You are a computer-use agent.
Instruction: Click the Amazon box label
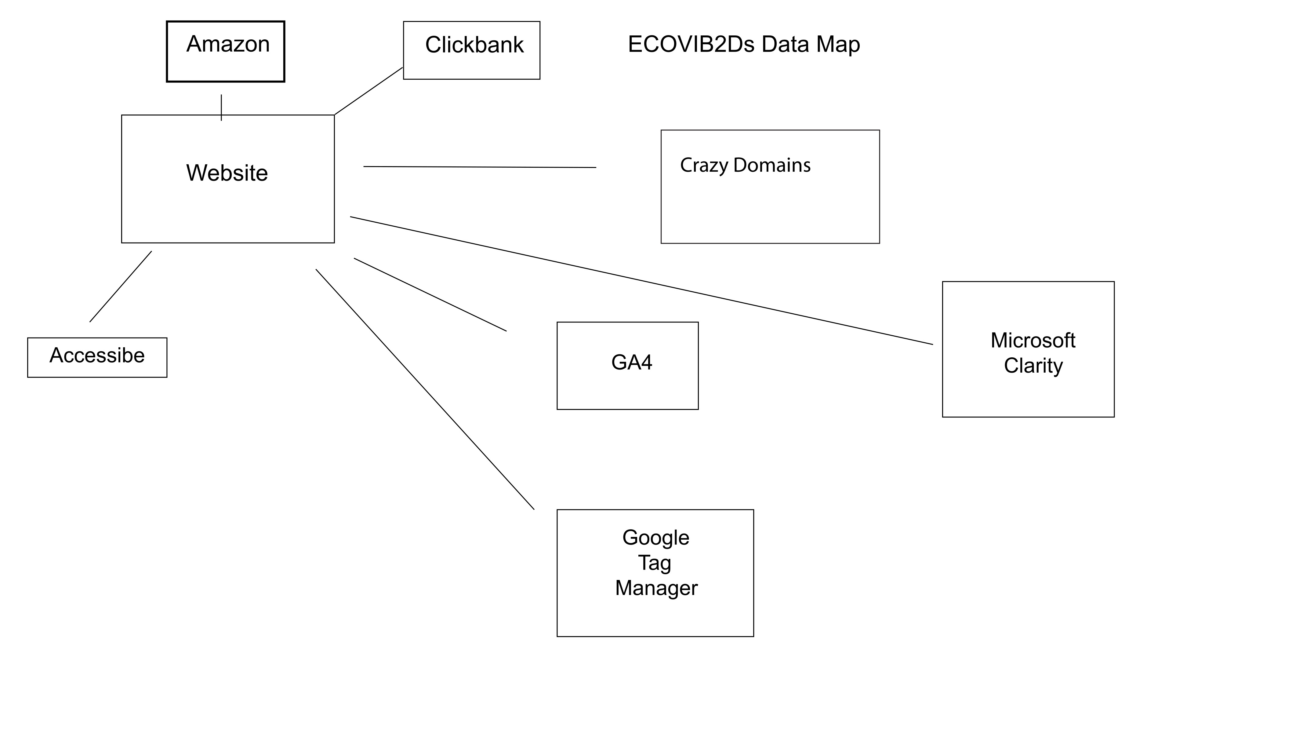[228, 44]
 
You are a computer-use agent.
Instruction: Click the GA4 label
[631, 362]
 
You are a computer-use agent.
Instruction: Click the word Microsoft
[1033, 341]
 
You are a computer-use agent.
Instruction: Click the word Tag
[655, 563]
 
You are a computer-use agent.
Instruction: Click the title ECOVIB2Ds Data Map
[744, 45]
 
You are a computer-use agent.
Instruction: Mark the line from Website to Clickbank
[369, 91]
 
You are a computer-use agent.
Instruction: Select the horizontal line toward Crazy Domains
[480, 167]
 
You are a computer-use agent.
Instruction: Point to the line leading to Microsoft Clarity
[641, 281]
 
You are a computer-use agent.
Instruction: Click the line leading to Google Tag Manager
[425, 389]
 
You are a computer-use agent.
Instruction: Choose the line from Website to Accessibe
[120, 286]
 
